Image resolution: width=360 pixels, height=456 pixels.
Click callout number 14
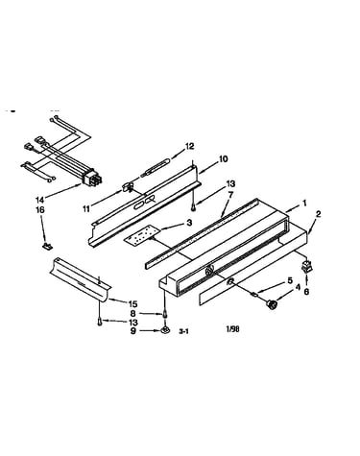(x=40, y=200)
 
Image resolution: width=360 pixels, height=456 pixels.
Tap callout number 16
(x=40, y=210)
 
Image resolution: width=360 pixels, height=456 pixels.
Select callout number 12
(x=189, y=146)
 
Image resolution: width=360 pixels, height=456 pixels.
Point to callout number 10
(x=224, y=158)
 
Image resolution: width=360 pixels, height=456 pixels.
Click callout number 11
(x=86, y=208)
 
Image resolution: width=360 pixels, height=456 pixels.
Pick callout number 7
(x=231, y=194)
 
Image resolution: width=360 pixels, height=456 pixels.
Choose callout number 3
(x=189, y=222)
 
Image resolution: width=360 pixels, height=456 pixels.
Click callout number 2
(x=318, y=214)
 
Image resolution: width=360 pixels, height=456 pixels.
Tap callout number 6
(x=306, y=292)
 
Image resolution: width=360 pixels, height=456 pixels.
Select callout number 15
(x=132, y=303)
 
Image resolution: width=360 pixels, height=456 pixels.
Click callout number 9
(x=133, y=331)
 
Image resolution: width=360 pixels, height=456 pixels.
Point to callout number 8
(x=133, y=314)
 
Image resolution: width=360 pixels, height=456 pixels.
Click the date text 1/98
(x=232, y=329)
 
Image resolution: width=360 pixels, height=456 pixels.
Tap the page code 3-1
(x=183, y=332)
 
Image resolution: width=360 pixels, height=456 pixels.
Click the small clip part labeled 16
(x=48, y=246)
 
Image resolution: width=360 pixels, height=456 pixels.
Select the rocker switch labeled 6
(x=306, y=267)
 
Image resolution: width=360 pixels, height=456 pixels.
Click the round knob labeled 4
(x=272, y=304)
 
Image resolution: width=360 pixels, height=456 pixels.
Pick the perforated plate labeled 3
(x=141, y=236)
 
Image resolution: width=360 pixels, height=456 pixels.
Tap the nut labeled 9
(x=165, y=329)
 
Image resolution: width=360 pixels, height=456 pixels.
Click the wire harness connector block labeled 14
(x=91, y=177)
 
